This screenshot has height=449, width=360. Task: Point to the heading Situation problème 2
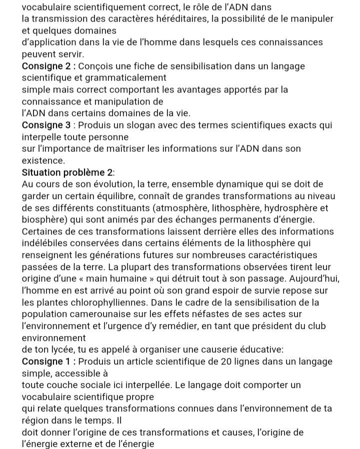[x=68, y=172]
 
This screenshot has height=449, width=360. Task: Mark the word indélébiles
[x=45, y=243]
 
